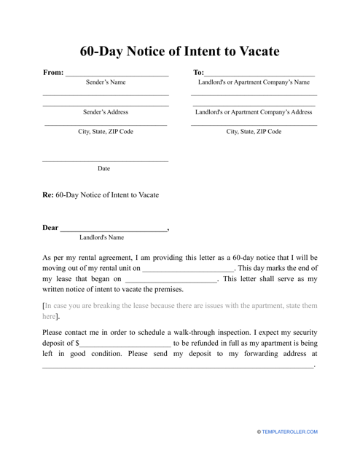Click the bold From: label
coord(53,73)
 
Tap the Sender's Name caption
coord(106,83)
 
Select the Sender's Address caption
coord(106,113)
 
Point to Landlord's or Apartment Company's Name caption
coord(254,83)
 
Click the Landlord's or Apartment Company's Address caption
coord(254,113)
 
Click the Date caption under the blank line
coord(104,168)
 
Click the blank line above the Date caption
coord(105,160)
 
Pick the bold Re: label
coord(48,195)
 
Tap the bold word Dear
coord(50,229)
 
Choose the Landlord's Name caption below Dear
coord(101,237)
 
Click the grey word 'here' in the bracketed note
coord(49,317)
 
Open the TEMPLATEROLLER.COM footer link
coord(290,433)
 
